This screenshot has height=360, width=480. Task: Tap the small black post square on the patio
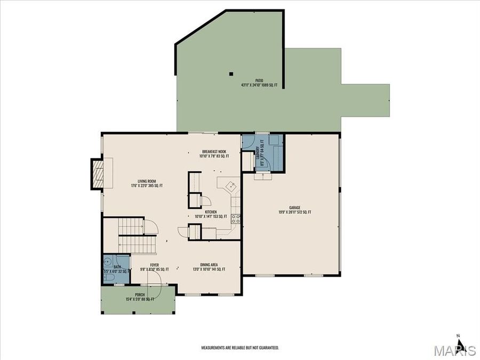pos(231,74)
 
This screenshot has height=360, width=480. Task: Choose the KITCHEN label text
pos(211,214)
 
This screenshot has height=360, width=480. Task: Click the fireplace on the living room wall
pos(97,173)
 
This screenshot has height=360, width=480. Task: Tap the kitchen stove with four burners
pos(235,218)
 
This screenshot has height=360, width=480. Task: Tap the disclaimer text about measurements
pos(239,348)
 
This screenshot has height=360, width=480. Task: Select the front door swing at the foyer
pos(155,291)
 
